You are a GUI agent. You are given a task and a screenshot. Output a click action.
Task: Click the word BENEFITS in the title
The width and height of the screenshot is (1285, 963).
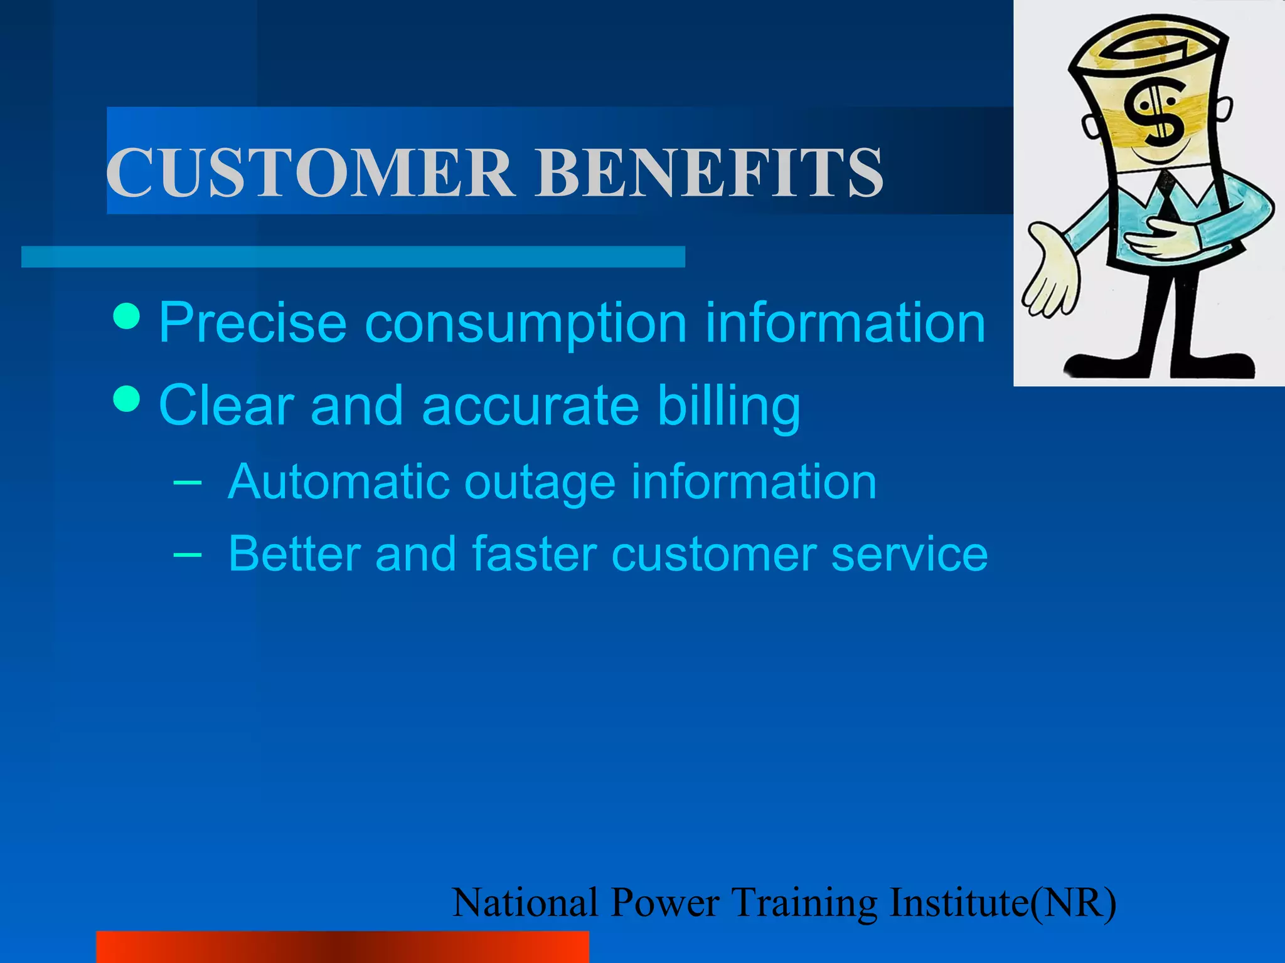pyautogui.click(x=709, y=173)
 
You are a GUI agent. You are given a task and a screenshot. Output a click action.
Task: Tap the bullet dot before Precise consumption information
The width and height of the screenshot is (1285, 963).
pyautogui.click(x=127, y=317)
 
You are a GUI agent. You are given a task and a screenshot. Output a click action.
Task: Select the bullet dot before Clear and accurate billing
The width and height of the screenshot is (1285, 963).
pyautogui.click(x=127, y=399)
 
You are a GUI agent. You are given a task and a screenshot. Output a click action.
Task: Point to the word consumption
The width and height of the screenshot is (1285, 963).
pyautogui.click(x=526, y=325)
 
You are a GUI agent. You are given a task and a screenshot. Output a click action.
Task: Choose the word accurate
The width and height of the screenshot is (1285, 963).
pyautogui.click(x=531, y=406)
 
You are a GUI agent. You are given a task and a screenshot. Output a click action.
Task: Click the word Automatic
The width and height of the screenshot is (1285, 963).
pyautogui.click(x=339, y=482)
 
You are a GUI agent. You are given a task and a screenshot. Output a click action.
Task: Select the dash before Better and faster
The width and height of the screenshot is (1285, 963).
pyautogui.click(x=187, y=554)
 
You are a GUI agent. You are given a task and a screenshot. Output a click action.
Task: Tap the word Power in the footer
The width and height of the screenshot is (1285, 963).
pyautogui.click(x=665, y=903)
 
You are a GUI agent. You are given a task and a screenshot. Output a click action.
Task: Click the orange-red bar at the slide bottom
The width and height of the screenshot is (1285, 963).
pyautogui.click(x=342, y=947)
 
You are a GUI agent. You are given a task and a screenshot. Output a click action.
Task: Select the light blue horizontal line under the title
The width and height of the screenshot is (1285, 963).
pyautogui.click(x=353, y=257)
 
